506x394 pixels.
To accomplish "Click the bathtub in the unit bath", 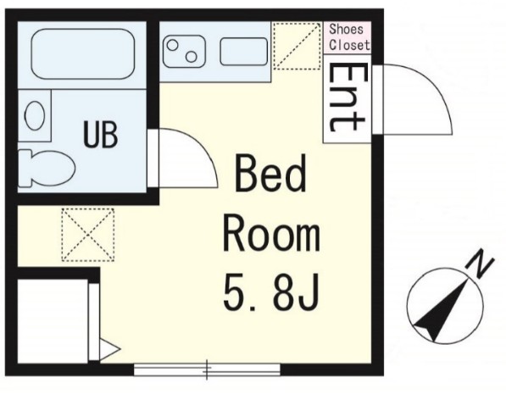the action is click(83, 54).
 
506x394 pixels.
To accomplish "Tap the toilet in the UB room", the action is click(46, 168).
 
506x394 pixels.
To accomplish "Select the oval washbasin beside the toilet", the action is click(35, 115).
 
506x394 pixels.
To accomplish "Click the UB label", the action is click(100, 134).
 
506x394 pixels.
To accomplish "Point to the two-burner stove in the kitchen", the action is click(184, 52).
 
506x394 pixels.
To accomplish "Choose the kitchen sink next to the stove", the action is click(244, 52).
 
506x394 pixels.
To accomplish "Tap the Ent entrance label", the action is click(348, 97).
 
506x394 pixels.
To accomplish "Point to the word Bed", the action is click(270, 174).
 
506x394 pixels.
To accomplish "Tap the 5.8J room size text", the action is click(271, 291).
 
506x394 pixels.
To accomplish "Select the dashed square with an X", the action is click(88, 235).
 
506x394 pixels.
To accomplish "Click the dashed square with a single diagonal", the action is click(297, 46).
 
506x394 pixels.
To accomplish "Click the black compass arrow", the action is click(442, 310).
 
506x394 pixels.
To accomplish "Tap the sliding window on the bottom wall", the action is click(207, 369).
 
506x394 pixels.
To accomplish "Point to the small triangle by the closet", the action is click(109, 349).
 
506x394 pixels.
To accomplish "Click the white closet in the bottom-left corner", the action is click(53, 321).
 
